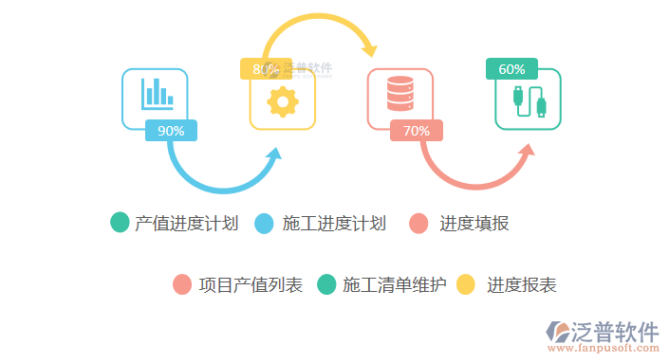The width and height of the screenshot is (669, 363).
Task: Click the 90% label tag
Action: (x=171, y=131)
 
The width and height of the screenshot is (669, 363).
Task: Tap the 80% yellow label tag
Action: (x=261, y=68)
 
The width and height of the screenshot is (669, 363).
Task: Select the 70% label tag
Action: (x=417, y=131)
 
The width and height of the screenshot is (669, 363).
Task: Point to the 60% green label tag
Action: (x=511, y=69)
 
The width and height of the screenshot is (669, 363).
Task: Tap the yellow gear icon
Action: (x=283, y=100)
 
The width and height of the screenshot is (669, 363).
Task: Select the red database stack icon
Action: (x=400, y=95)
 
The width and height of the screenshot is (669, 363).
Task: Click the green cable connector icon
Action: (x=528, y=100)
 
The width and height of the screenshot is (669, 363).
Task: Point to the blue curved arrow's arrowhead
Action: (x=277, y=154)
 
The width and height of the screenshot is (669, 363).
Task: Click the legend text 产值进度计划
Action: (x=186, y=224)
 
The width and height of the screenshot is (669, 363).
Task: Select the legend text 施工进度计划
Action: (x=334, y=224)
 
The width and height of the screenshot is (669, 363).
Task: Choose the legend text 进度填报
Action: (x=474, y=224)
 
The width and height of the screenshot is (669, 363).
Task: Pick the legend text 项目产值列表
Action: (x=251, y=284)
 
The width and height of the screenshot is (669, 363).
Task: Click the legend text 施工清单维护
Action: (x=394, y=284)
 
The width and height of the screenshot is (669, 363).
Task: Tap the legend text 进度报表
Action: (x=521, y=284)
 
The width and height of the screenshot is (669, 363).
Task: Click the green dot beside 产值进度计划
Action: (x=120, y=223)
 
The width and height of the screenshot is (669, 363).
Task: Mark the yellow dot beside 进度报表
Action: (x=466, y=284)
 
